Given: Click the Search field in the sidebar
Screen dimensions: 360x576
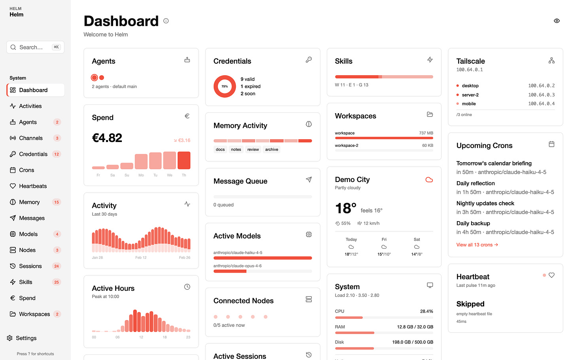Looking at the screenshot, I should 35,47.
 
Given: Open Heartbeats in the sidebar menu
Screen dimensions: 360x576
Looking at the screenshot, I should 33,186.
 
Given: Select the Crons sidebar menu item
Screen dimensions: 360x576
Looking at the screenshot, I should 27,170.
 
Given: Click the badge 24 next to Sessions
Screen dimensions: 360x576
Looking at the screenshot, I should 57,266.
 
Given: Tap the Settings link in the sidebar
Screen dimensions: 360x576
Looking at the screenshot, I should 26,338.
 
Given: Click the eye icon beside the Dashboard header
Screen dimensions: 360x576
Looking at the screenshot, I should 557,21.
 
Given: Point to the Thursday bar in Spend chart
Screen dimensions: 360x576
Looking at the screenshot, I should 184,160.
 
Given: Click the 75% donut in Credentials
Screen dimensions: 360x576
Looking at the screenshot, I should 225,86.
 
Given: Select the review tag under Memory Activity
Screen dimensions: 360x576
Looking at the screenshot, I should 253,150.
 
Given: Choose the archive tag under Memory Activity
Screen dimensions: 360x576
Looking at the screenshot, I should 271,150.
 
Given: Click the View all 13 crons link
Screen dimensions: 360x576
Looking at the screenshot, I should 477,245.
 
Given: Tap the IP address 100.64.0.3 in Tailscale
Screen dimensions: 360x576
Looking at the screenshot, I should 541,95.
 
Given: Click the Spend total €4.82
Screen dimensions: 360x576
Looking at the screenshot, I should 107,138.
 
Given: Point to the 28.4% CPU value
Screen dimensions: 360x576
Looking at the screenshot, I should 426,311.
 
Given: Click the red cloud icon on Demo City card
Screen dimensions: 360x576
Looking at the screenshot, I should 429,180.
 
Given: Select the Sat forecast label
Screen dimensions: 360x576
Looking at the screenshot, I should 417,239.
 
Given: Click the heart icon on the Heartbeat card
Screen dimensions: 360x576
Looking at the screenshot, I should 551,275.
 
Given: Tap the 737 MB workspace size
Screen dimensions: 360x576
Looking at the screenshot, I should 426,133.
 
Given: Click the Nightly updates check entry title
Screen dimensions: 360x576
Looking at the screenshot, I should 485,203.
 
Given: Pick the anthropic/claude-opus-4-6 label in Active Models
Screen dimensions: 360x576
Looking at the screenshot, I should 237,266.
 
